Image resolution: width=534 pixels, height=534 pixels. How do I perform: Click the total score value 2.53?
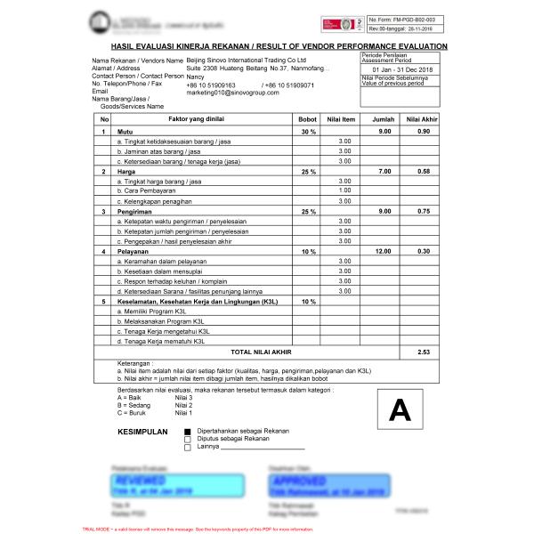[424, 352]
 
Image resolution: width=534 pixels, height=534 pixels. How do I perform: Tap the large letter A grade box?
[400, 410]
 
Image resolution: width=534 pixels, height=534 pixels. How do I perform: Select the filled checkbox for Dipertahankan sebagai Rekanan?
[187, 432]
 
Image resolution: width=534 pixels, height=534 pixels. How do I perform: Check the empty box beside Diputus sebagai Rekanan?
[187, 440]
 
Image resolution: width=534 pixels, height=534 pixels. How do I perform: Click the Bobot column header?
[307, 118]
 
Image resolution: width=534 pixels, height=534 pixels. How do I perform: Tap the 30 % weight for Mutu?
[307, 132]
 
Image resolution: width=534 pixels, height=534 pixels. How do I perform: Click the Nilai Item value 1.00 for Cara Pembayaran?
[344, 190]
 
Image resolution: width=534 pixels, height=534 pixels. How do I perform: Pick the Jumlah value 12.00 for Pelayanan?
[384, 251]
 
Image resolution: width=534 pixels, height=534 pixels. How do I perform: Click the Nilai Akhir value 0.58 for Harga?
[424, 171]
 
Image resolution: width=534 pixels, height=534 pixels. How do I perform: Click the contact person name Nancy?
[195, 77]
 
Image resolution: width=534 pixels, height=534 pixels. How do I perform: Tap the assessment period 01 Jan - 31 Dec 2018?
[403, 69]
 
